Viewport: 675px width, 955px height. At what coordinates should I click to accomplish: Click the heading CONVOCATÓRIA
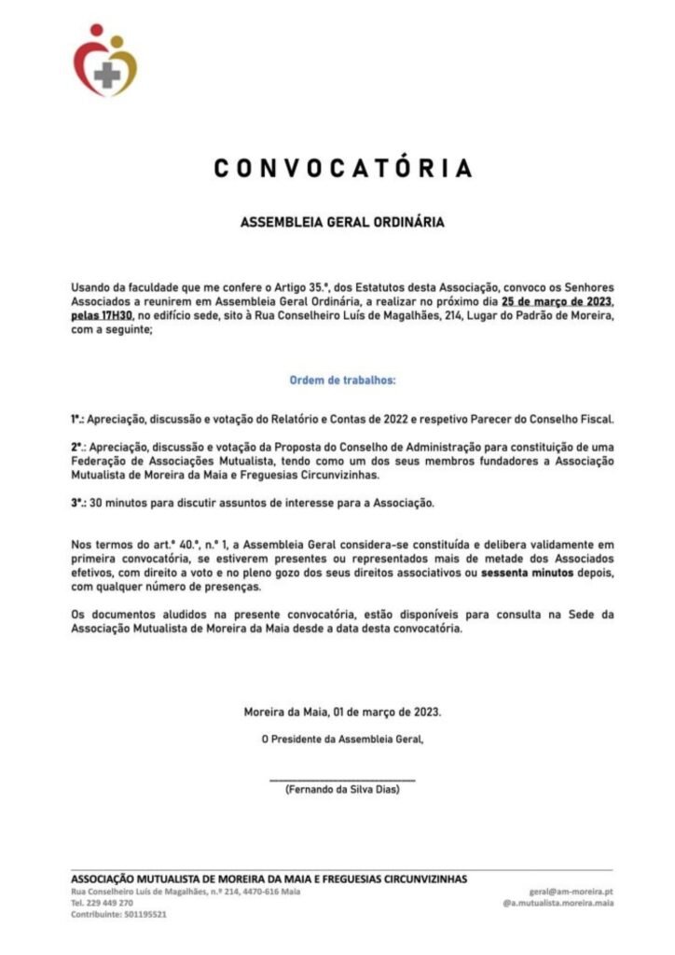[342, 169]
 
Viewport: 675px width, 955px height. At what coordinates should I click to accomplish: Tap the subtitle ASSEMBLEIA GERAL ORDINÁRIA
[342, 223]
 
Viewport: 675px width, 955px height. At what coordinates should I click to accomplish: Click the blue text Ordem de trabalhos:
[341, 381]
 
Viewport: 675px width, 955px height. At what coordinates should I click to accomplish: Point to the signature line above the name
[342, 779]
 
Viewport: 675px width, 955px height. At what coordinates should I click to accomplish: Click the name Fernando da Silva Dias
[342, 789]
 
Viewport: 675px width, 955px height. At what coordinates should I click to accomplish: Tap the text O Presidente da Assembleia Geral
[342, 740]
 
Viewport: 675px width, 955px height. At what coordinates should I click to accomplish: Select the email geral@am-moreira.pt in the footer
[571, 892]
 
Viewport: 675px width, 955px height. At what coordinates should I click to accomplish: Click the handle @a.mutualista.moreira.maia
[558, 903]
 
